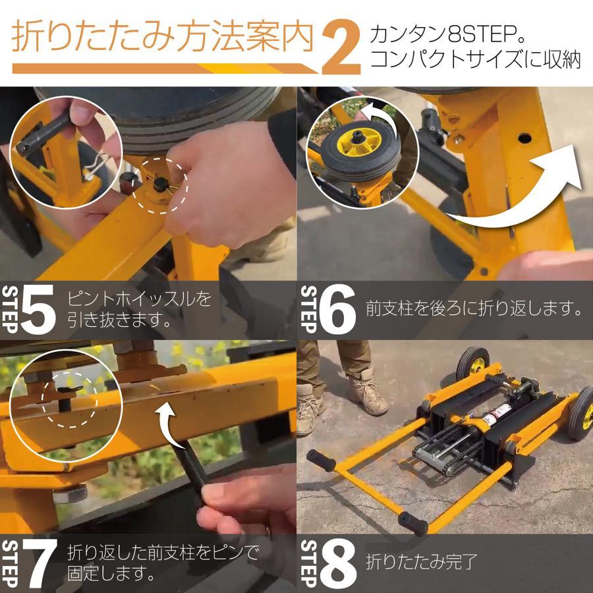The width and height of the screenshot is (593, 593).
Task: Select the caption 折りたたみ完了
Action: [x=422, y=563]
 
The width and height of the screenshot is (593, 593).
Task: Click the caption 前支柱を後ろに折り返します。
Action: [x=474, y=308]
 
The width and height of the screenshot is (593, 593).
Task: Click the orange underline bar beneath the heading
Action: [x=158, y=68]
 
